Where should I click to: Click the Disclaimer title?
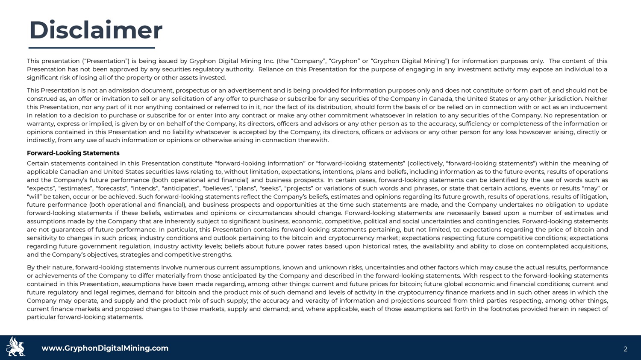tap(96, 30)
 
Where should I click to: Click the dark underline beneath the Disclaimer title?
tap(91, 47)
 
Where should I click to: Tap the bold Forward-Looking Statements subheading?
tap(73, 153)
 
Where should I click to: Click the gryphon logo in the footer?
tap(16, 347)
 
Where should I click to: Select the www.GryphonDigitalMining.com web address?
tap(105, 348)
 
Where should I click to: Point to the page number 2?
tap(625, 349)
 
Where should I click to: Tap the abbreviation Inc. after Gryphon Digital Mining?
tap(269, 61)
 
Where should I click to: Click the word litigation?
tap(592, 196)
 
